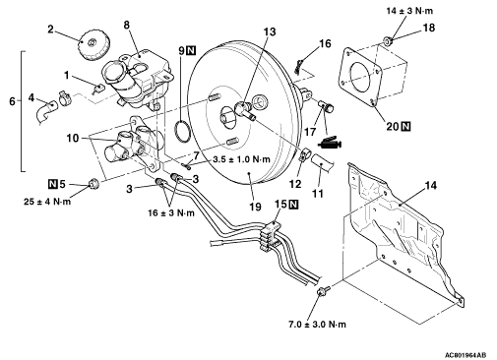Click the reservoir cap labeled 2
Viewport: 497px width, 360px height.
94,45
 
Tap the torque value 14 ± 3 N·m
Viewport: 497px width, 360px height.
409,11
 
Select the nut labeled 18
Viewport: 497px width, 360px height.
388,41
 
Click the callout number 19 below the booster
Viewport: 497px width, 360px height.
255,207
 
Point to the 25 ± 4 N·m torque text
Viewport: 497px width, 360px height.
47,202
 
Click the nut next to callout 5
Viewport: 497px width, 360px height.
93,185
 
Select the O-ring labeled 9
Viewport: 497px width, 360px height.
182,131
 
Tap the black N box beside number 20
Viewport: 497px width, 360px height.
406,126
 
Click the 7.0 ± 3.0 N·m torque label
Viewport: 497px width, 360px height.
317,325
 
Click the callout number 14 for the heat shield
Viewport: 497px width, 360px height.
431,186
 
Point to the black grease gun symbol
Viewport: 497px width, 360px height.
330,143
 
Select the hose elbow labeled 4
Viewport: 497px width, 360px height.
45,112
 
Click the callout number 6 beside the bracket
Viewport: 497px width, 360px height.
12,101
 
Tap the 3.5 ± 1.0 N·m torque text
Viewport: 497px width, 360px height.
241,159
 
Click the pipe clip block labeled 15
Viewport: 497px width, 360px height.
271,235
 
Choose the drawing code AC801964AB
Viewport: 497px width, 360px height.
466,355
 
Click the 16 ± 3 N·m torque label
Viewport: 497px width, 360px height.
171,213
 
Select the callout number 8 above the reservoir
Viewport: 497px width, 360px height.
127,25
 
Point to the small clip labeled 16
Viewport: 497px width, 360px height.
298,66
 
